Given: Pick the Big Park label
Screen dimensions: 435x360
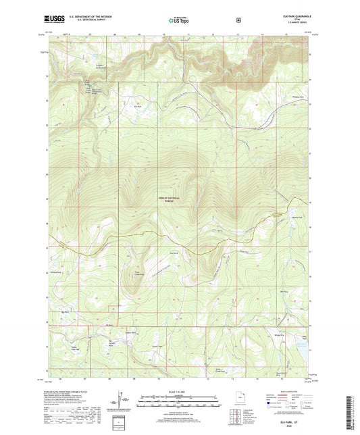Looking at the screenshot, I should pyautogui.click(x=65, y=312).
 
